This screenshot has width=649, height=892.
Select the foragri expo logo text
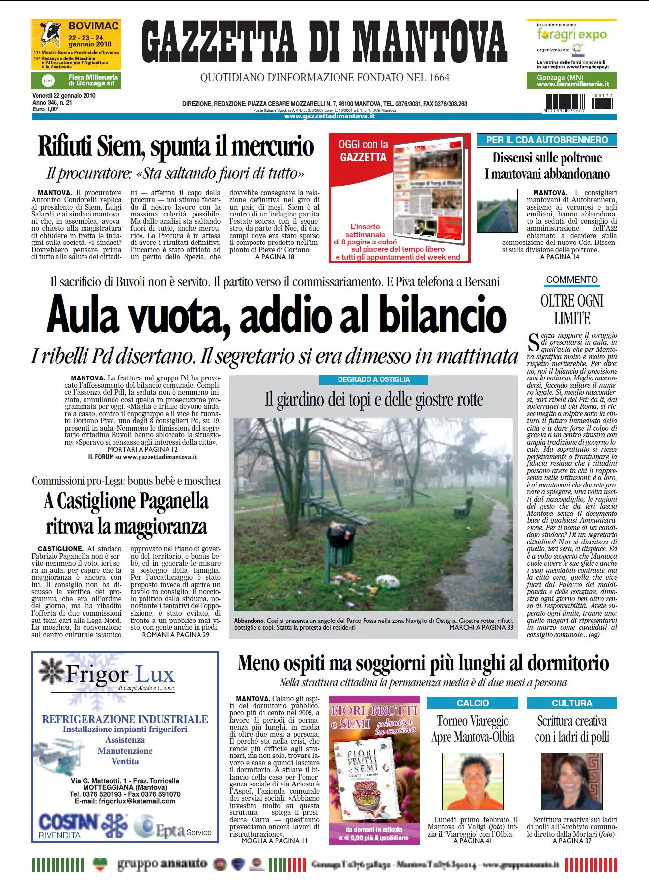coord(571,34)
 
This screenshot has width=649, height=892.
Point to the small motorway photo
coord(497,212)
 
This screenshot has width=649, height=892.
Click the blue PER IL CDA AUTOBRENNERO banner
coord(547,140)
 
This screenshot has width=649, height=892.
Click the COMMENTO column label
coord(572,280)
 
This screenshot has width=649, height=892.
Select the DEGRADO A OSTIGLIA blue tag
coord(373,379)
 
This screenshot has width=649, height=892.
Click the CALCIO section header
coord(473,703)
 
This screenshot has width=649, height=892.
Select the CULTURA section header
coord(571,703)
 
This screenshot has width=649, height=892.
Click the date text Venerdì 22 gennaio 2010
coord(64,96)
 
